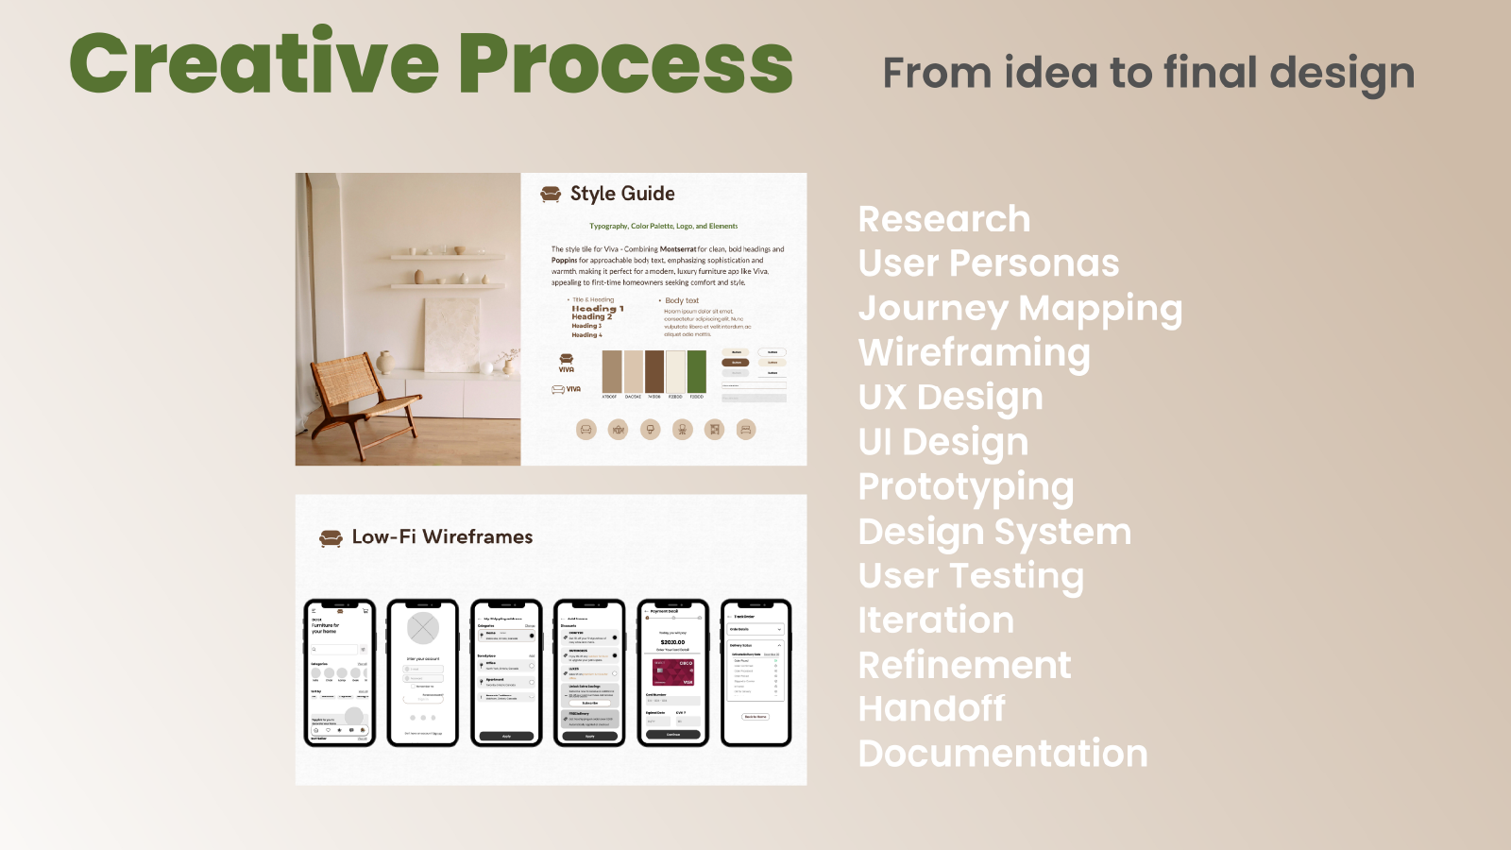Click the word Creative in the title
click(x=253, y=63)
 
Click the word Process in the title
click(x=625, y=63)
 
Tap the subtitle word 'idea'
click(x=1050, y=73)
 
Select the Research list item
click(x=943, y=219)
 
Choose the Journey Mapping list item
click(x=1020, y=309)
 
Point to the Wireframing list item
click(x=974, y=353)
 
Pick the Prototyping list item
click(x=965, y=487)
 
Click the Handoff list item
click(x=931, y=708)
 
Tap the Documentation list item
click(x=1002, y=754)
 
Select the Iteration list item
click(x=935, y=620)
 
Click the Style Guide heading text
click(x=622, y=194)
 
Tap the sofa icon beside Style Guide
click(x=551, y=194)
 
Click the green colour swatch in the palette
click(x=697, y=371)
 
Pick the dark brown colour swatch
click(x=654, y=371)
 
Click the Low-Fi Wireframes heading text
click(x=442, y=536)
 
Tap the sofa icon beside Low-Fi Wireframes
click(x=331, y=538)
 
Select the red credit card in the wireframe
click(x=673, y=671)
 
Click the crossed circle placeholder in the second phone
click(x=423, y=628)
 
